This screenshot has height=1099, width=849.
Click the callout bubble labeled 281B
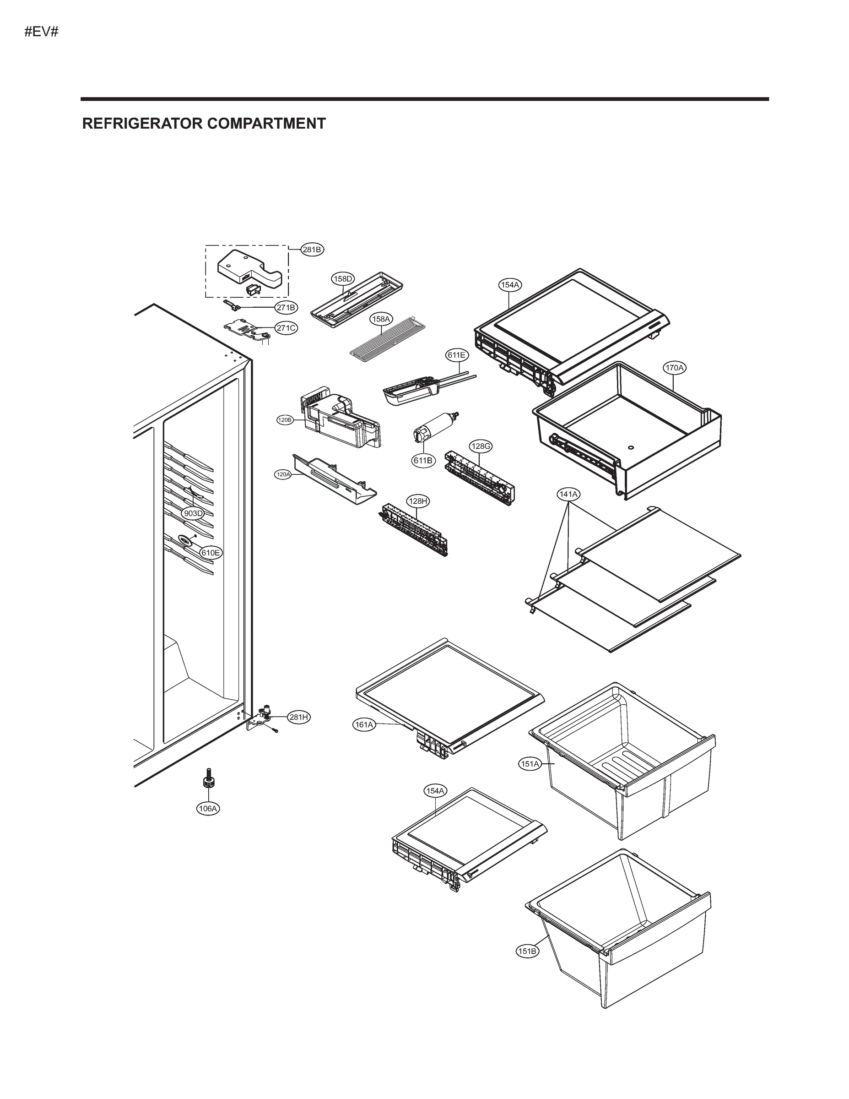(x=312, y=249)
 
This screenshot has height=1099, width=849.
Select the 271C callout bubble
(x=286, y=328)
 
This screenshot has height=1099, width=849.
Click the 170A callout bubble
(x=675, y=368)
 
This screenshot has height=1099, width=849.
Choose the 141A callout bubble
(x=568, y=494)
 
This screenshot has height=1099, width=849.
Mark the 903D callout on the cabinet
(x=193, y=513)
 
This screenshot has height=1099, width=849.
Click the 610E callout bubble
(x=211, y=553)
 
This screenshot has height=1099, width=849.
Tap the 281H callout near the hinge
(x=299, y=718)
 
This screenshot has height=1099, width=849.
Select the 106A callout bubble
(x=208, y=809)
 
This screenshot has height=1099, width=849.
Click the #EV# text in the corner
(x=41, y=32)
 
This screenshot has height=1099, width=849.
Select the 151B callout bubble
(x=527, y=951)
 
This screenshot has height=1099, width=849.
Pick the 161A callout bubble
(x=364, y=724)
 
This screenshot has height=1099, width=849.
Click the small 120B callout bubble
(x=285, y=419)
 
